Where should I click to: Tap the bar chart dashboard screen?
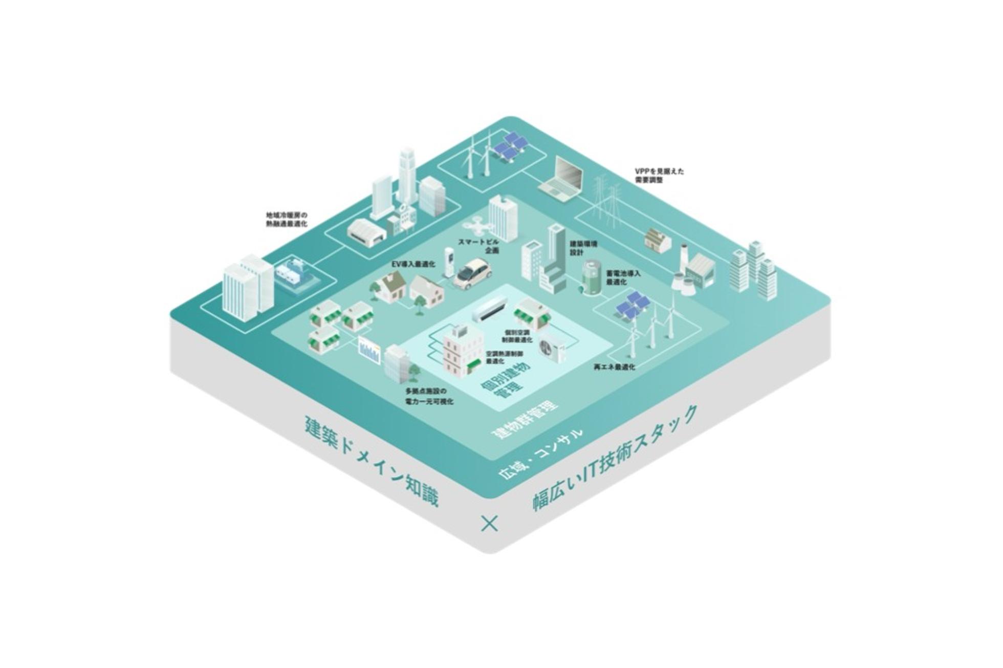click(x=369, y=351)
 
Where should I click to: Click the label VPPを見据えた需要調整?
click(x=659, y=176)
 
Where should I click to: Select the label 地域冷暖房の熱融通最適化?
click(x=286, y=219)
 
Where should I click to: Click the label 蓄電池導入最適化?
click(x=623, y=278)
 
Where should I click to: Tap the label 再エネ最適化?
click(x=614, y=367)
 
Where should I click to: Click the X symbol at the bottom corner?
click(x=490, y=524)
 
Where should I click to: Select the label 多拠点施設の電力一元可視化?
click(x=429, y=397)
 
